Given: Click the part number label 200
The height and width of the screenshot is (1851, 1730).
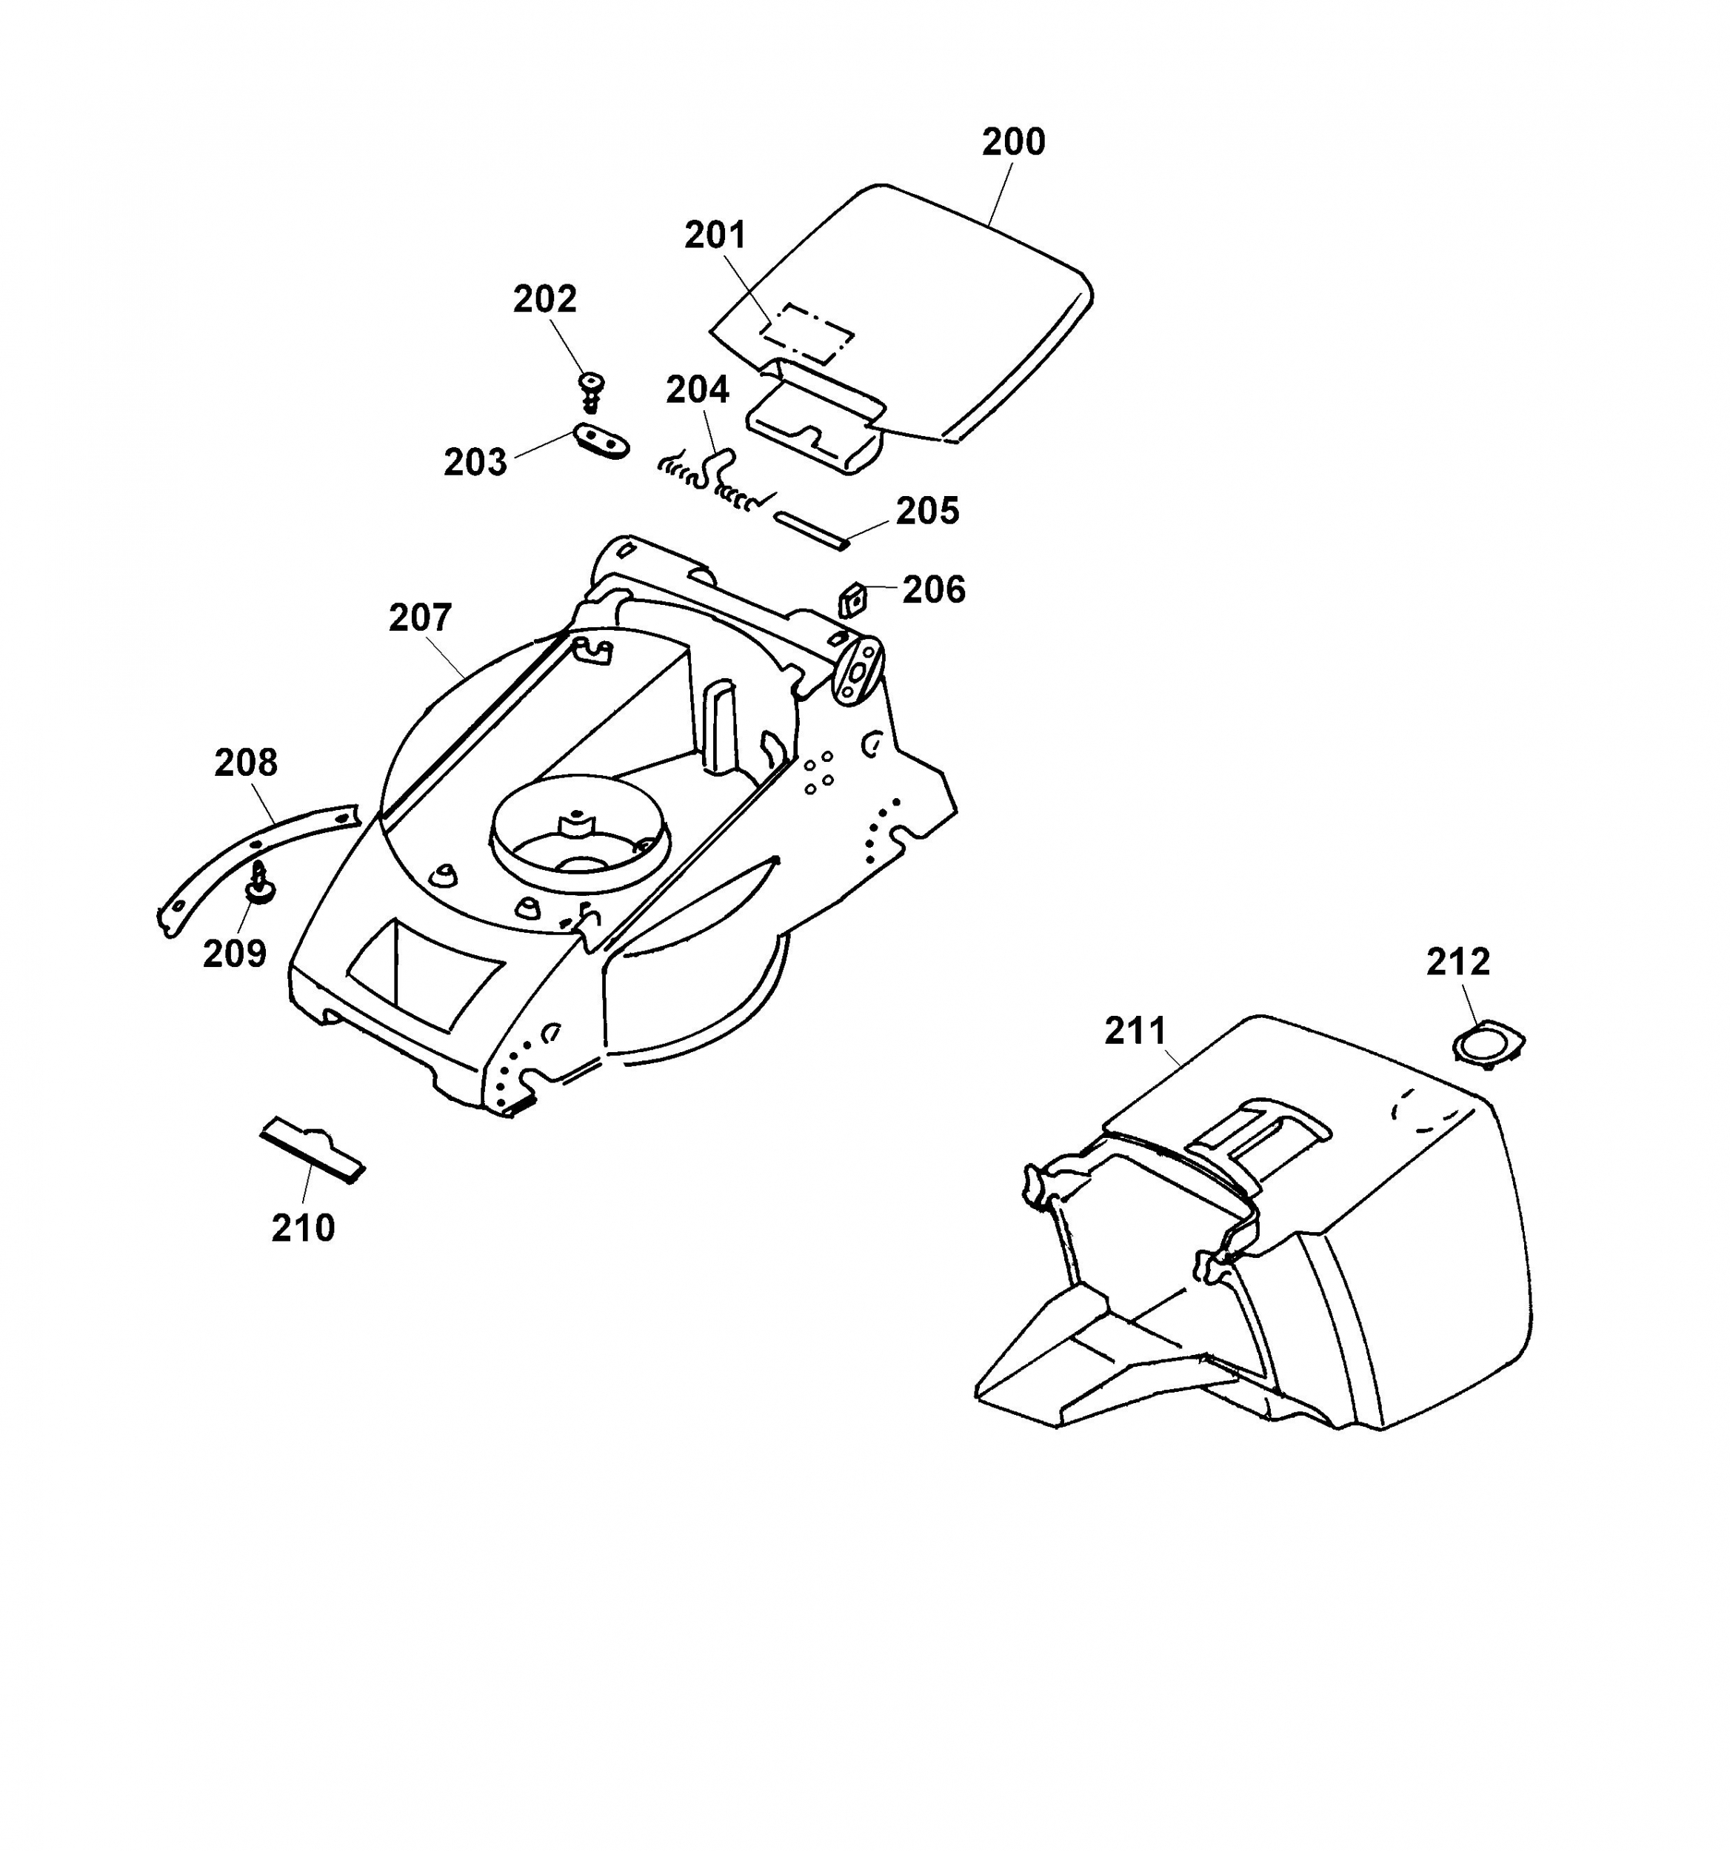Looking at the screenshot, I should pos(1013,142).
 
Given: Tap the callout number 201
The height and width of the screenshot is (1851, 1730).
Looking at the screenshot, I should pos(715,235).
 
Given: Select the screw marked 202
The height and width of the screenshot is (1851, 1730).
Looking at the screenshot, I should pos(590,390).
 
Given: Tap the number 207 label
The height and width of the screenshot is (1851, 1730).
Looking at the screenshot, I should pos(420,617).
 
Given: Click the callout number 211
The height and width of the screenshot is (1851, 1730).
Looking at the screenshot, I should pos(1135,1031).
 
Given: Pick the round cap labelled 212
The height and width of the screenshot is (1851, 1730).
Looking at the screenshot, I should pos(1488,1042).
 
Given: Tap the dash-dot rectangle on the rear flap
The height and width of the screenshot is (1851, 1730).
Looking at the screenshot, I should pos(808,332).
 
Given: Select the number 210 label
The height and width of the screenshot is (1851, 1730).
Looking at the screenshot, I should pos(303,1229).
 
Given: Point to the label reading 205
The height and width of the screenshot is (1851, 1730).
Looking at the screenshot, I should pos(926,511).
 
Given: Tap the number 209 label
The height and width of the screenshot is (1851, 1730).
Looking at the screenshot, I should pos(235,954).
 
